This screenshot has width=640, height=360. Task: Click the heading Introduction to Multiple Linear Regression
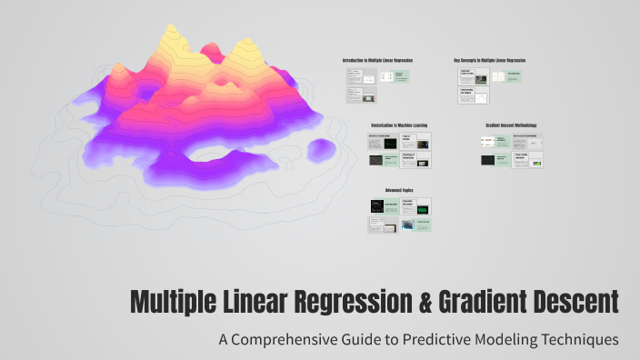pyautogui.click(x=377, y=60)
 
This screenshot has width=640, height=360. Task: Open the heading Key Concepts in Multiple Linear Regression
pyautogui.click(x=490, y=60)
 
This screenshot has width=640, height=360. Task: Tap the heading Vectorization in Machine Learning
pyautogui.click(x=400, y=125)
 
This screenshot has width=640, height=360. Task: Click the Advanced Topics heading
pyautogui.click(x=399, y=190)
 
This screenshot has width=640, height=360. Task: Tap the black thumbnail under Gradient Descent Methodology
pyautogui.click(x=488, y=160)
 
